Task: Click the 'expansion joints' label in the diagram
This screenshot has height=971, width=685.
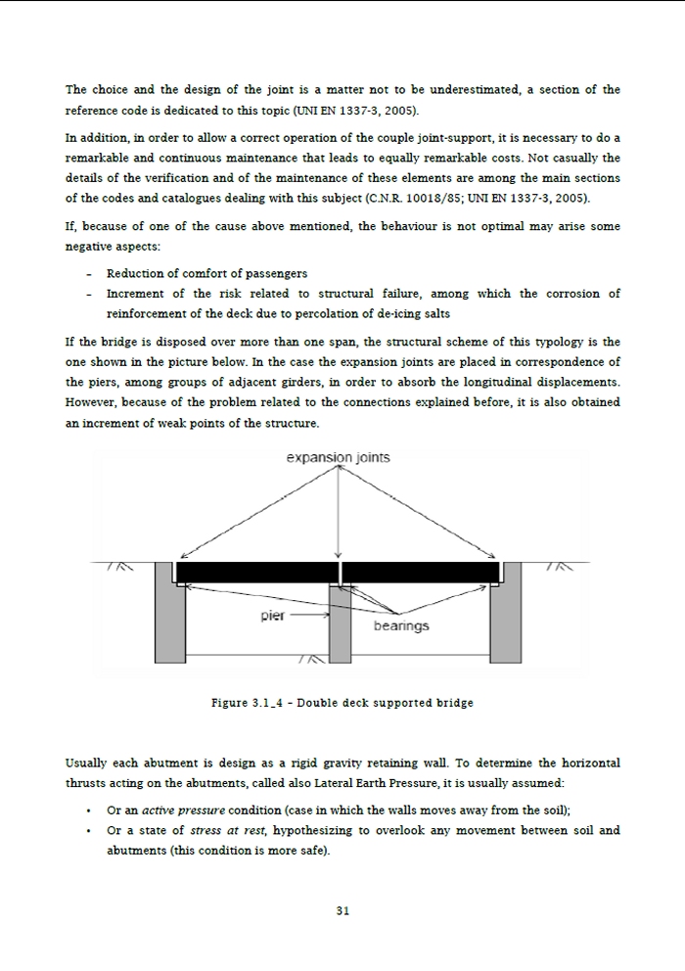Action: point(338,457)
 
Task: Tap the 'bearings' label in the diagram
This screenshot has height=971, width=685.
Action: point(401,624)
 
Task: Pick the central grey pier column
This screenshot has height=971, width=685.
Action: point(339,626)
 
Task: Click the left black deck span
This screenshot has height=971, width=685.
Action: point(255,572)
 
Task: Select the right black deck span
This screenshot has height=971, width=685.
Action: point(420,572)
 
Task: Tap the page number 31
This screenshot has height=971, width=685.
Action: point(342,910)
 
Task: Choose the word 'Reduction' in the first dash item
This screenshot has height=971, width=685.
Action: point(136,273)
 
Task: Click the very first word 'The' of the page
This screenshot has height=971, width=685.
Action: point(76,90)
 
